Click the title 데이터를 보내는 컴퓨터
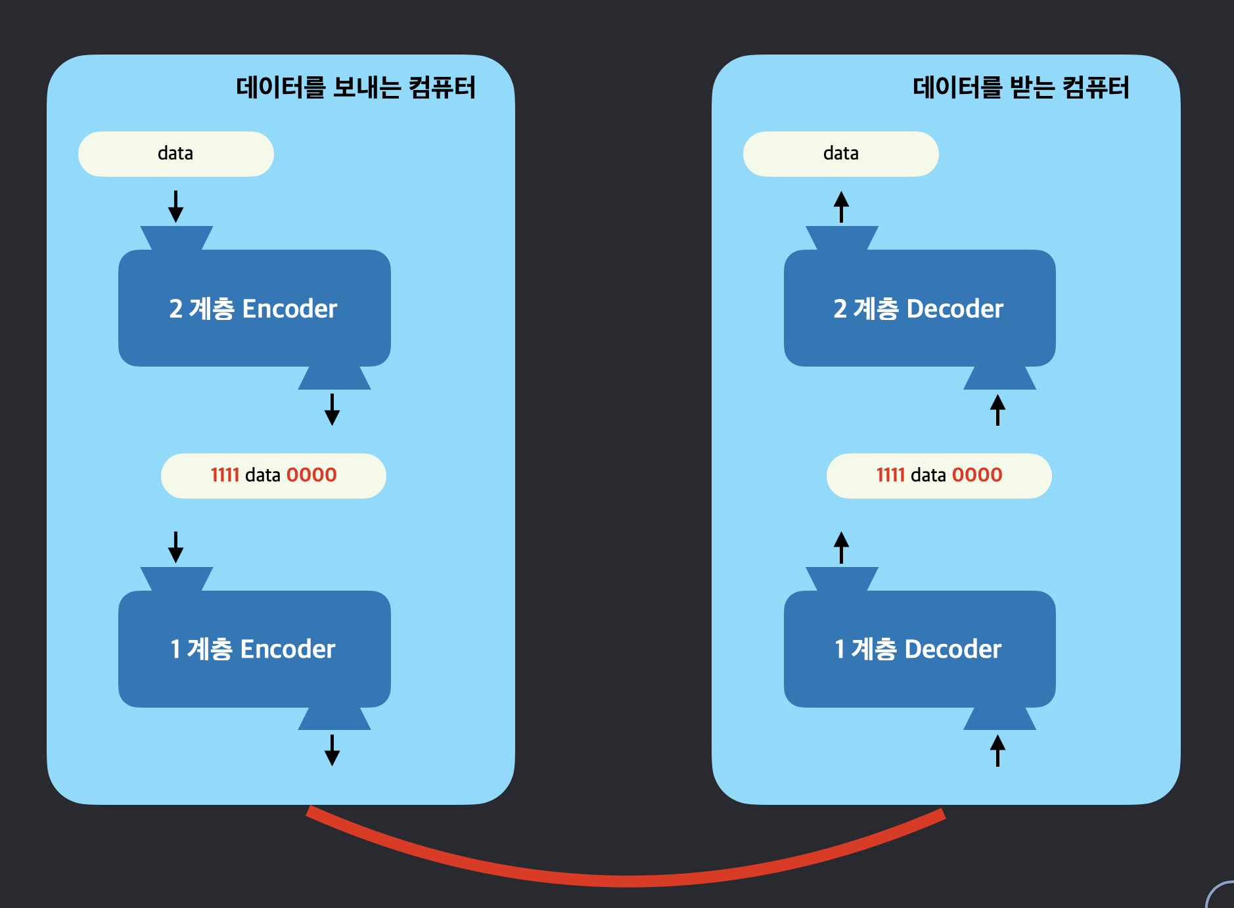coord(355,87)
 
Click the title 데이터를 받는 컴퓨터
coord(1020,87)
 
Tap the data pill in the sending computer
coord(175,154)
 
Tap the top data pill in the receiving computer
coord(840,154)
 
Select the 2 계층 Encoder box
coord(254,308)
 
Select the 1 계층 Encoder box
coord(254,649)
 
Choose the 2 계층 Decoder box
coord(919,308)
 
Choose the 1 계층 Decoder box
coord(919,649)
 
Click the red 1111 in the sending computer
coord(225,475)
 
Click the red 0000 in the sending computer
coord(311,475)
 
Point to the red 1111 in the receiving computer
coord(890,475)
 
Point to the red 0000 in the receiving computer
coord(977,475)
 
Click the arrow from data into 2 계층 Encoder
coord(175,206)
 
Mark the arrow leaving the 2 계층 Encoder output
coord(332,409)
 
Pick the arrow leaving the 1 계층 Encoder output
coord(332,750)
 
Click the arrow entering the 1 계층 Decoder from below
coord(997,750)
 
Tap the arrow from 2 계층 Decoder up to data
coord(841,206)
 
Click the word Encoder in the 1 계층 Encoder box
coord(288,649)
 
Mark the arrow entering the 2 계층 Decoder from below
coord(997,409)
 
